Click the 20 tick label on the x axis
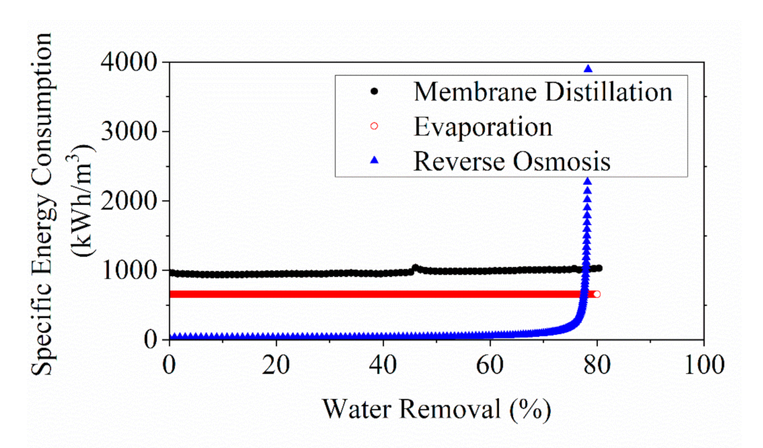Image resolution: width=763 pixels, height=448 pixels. point(277,366)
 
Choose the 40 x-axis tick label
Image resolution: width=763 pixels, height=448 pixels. point(384,366)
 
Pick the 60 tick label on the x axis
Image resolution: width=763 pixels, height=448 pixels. point(490,366)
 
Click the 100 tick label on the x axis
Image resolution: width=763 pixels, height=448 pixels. point(703,366)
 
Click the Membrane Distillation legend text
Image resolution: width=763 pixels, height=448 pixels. point(542,92)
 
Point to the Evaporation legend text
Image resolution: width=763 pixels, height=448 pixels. point(482,127)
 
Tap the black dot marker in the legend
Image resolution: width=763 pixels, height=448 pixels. point(374,92)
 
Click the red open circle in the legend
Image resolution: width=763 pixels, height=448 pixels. point(374,127)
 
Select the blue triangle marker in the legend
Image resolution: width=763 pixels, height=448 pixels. point(374,161)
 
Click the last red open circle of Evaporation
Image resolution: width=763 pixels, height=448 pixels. point(597,294)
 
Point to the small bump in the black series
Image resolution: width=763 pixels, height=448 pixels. point(415,267)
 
